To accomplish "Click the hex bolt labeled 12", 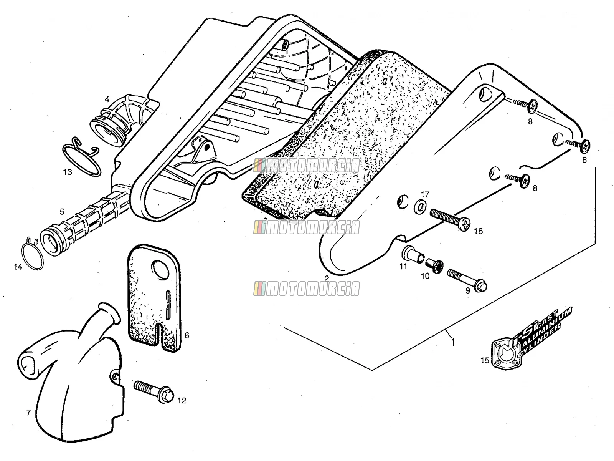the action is coord(153,391).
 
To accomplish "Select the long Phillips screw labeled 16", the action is coord(450,220).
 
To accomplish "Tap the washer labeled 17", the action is coord(420,207).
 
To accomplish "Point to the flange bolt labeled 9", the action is coord(467,280).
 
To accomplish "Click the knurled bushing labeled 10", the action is coord(434,267).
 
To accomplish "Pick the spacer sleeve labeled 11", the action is coord(413,254).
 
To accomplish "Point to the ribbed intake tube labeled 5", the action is coord(84,224).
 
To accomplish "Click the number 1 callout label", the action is coord(452,342).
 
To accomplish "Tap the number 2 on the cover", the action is coord(327,278).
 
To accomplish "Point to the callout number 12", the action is coord(182,401).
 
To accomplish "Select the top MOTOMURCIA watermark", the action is coord(307,166).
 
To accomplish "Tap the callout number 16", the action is coord(478,231).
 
